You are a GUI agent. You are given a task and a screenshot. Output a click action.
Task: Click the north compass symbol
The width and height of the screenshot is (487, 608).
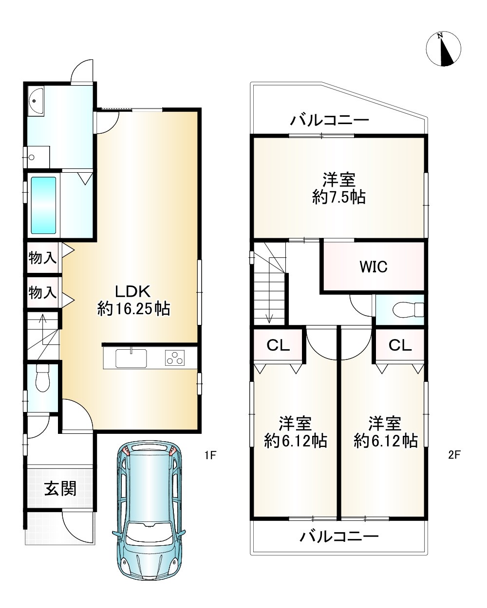point(443,49)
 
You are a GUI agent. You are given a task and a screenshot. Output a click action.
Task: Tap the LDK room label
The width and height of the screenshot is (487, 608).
point(133,291)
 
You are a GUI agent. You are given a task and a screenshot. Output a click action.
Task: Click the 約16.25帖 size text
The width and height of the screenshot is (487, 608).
point(133,308)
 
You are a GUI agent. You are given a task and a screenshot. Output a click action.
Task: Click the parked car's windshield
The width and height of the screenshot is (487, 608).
point(149,532)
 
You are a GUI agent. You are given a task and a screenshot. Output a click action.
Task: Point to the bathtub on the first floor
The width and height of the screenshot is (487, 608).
point(43,205)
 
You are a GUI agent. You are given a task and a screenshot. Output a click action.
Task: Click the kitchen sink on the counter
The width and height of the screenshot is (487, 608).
point(131,358)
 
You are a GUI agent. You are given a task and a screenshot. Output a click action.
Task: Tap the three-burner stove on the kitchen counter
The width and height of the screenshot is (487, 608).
point(175,358)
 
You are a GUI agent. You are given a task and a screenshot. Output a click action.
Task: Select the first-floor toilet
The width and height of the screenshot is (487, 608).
point(43,378)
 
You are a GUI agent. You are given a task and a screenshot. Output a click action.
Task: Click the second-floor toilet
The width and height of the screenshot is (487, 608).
point(408,310)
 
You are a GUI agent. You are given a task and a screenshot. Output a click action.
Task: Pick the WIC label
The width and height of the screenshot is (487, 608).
point(373,267)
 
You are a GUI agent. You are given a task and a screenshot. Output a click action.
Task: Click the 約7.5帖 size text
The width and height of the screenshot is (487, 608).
point(339,197)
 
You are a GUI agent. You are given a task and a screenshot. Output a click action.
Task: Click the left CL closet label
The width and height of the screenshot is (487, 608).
point(278,345)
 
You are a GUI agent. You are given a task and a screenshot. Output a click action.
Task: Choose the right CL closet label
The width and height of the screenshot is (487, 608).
point(400,345)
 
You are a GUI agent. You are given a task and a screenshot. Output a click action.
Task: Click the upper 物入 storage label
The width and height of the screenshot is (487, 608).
point(42,258)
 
